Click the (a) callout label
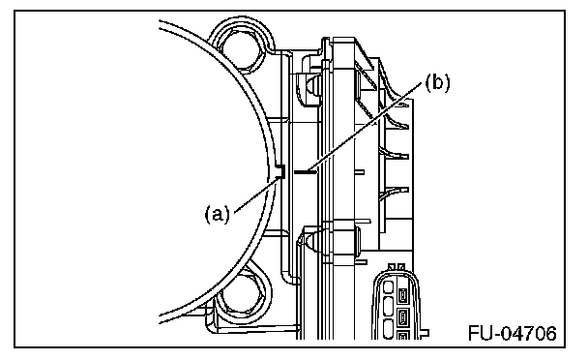tap(217, 214)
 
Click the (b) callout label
tap(437, 82)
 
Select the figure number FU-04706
tap(513, 333)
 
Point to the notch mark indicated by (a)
tap(280, 171)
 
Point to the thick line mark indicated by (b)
tap(306, 172)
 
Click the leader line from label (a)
tap(257, 195)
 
